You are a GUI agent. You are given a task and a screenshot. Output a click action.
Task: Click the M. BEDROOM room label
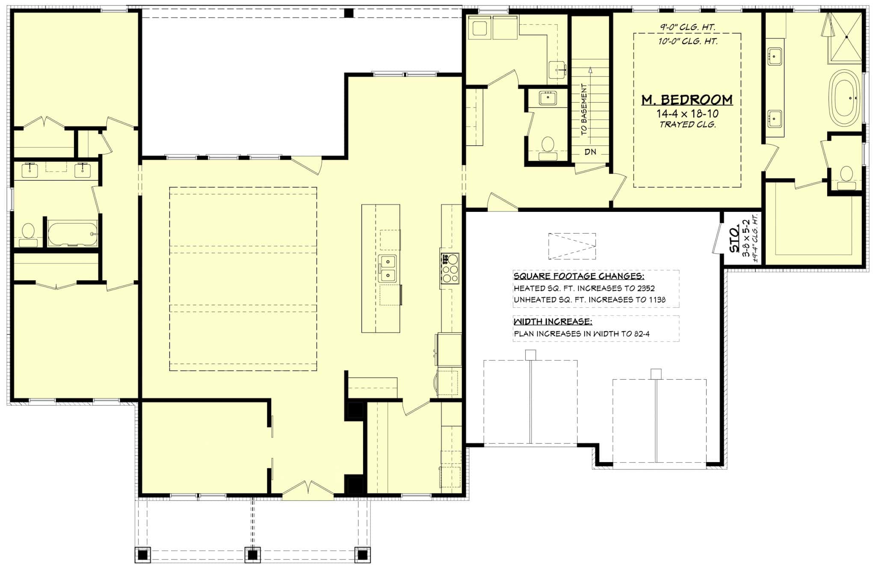click(687, 100)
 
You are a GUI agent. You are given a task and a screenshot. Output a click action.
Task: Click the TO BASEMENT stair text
click(584, 110)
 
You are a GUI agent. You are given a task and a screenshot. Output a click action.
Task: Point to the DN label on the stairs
click(590, 152)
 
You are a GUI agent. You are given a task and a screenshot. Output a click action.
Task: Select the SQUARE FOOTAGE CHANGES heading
click(579, 276)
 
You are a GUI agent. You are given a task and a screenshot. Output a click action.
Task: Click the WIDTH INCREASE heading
click(553, 321)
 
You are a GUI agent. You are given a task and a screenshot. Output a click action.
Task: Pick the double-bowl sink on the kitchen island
click(388, 269)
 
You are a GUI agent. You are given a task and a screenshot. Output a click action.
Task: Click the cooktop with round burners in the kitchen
click(450, 268)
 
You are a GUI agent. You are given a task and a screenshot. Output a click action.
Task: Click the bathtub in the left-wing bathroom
click(72, 234)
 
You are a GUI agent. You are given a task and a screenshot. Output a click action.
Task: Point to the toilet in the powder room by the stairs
click(547, 146)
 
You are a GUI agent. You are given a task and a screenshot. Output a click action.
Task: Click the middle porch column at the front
click(253, 555)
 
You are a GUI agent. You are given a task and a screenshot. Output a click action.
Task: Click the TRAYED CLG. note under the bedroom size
click(687, 125)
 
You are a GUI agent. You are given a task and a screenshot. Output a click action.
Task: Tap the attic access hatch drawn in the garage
click(572, 246)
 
